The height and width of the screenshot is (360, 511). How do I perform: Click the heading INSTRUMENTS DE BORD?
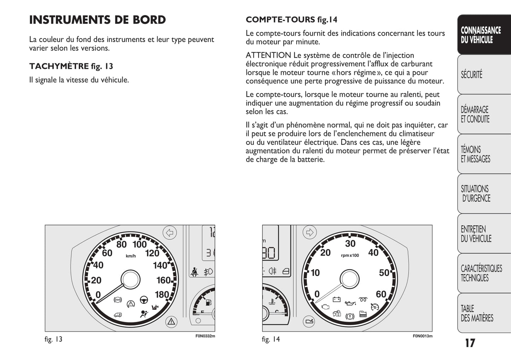(x=97, y=20)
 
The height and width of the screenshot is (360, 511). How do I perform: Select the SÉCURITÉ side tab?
(x=471, y=75)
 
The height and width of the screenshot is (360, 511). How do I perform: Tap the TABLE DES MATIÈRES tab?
(x=476, y=313)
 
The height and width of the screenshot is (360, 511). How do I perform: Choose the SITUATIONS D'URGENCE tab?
(x=475, y=194)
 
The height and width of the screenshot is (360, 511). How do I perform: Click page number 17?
(x=470, y=343)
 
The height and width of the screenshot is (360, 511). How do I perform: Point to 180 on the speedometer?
(x=162, y=294)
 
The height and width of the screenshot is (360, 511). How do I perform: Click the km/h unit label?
(x=130, y=256)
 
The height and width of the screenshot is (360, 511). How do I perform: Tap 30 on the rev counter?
(x=350, y=243)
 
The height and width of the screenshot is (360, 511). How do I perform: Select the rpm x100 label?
(x=350, y=255)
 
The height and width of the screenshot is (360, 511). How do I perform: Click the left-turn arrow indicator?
(x=170, y=233)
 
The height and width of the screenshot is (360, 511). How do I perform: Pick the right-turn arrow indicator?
(x=310, y=232)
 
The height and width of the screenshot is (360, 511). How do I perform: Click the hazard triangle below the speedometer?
(x=171, y=321)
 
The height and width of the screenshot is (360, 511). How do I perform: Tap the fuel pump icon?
(x=208, y=302)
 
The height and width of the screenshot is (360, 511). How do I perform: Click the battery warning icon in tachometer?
(x=336, y=300)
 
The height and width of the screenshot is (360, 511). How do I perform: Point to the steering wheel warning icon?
(x=144, y=300)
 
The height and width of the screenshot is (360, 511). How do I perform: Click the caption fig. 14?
(x=271, y=339)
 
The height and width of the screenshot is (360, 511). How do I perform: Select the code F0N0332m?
(x=205, y=336)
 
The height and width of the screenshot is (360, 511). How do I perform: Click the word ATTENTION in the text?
(x=268, y=55)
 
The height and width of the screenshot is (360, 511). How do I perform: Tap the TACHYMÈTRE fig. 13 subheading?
(x=71, y=66)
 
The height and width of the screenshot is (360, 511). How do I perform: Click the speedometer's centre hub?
(x=130, y=280)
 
